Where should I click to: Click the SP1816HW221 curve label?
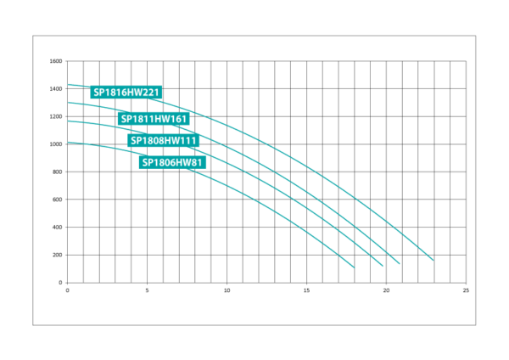[x=126, y=93]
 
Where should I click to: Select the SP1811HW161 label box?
[x=154, y=119]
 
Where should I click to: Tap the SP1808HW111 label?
[x=163, y=140]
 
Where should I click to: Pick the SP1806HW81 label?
[x=172, y=162]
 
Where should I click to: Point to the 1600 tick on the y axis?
[x=55, y=61]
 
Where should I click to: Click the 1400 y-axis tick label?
[x=55, y=88]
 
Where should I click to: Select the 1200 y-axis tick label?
[x=55, y=116]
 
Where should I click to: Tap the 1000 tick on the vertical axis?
[x=55, y=144]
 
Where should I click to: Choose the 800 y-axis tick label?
[x=57, y=172]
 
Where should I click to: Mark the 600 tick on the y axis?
[x=57, y=200]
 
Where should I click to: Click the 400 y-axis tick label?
[x=57, y=227]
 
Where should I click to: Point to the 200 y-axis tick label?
[x=57, y=255]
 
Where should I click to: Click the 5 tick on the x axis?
[x=147, y=290]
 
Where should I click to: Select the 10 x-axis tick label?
[x=227, y=290]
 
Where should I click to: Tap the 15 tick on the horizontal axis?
[x=306, y=290]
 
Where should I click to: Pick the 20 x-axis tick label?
[x=386, y=290]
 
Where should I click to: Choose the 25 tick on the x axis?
[x=466, y=290]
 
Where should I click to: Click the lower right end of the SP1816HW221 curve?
[x=433, y=261]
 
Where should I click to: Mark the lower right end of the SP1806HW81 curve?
[x=354, y=267]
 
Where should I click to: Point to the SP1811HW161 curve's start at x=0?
[x=68, y=103]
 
